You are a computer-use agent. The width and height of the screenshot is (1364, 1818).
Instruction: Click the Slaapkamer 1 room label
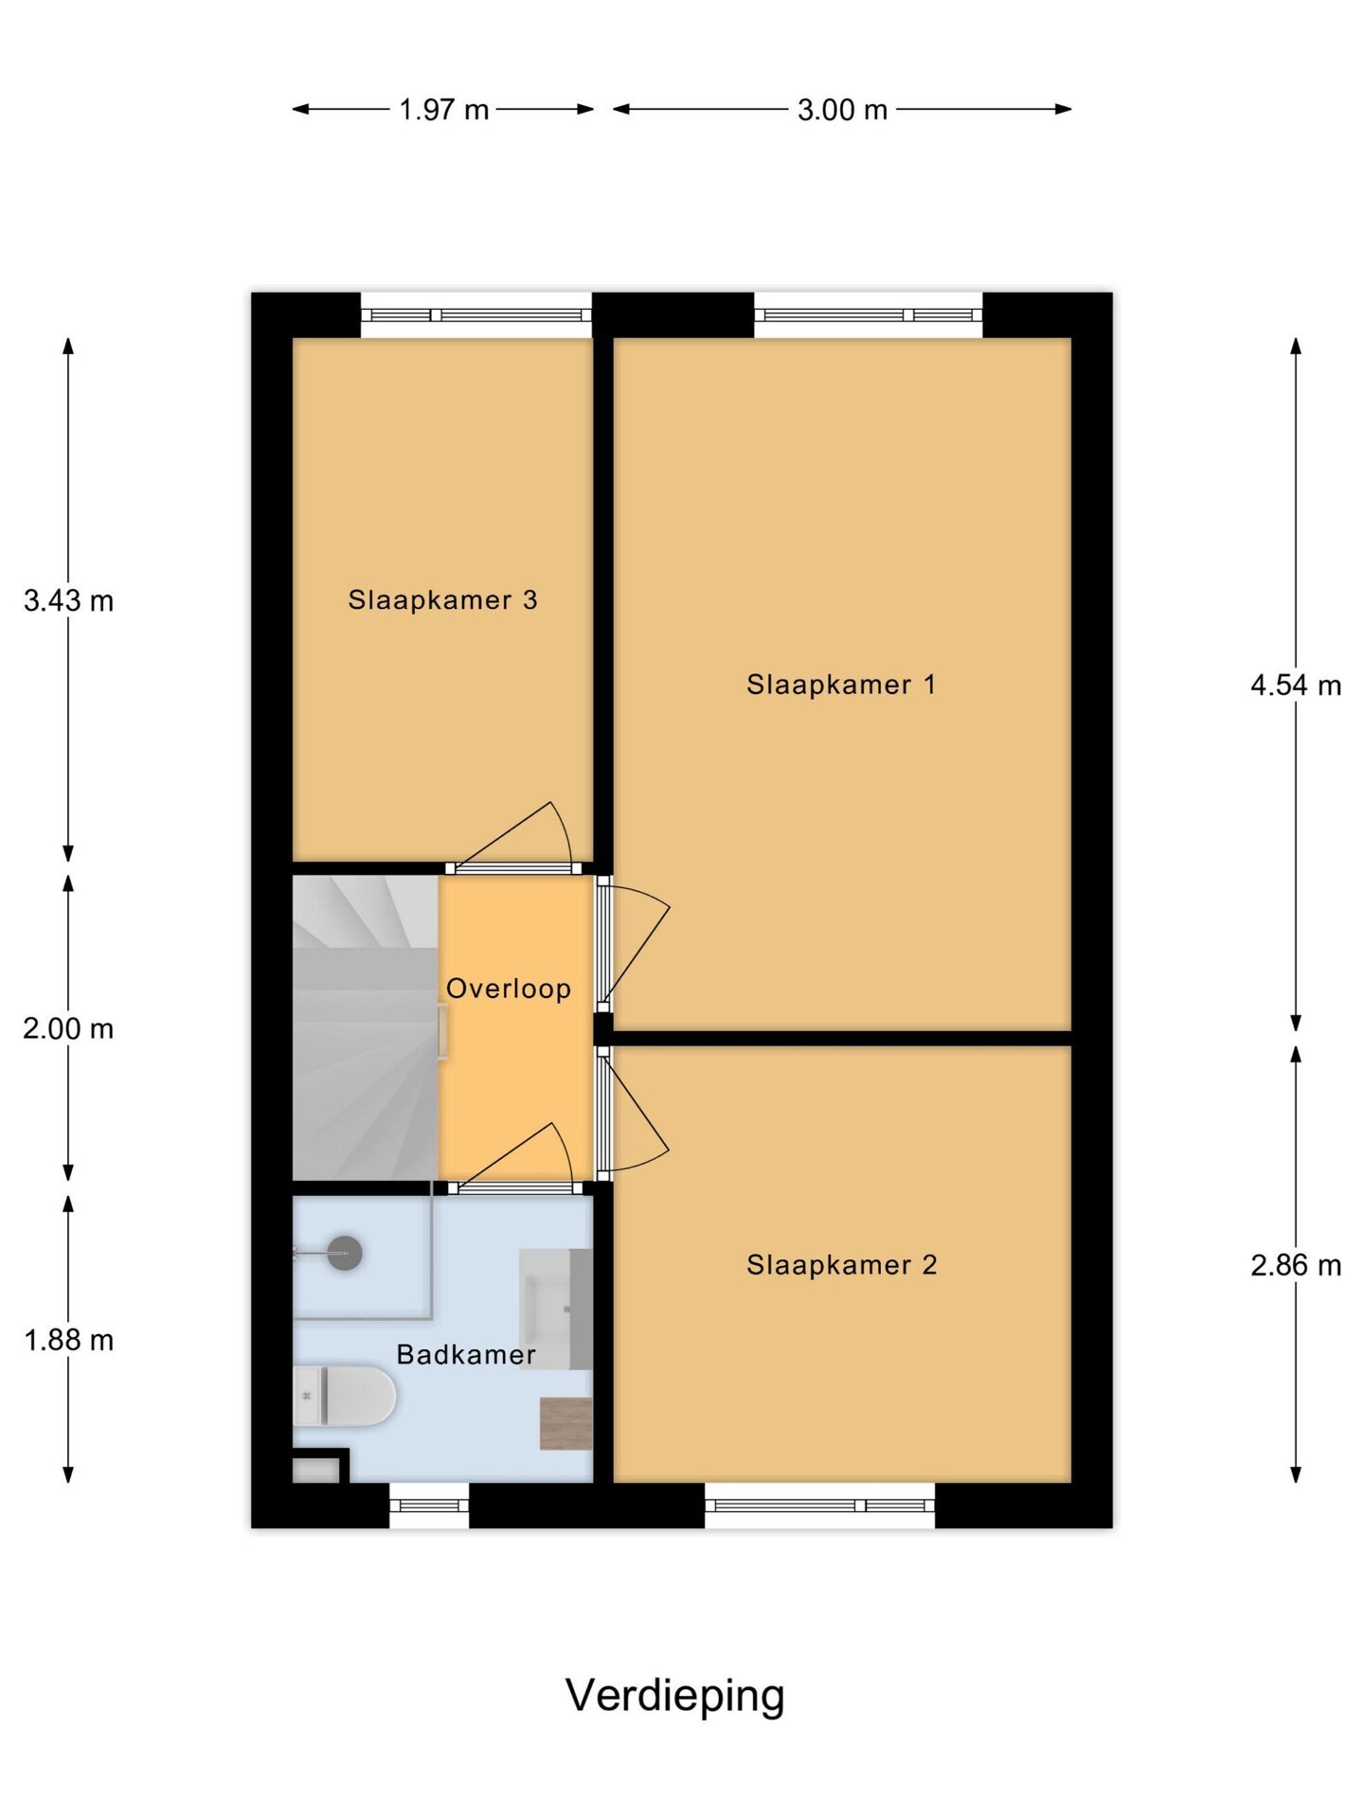point(841,685)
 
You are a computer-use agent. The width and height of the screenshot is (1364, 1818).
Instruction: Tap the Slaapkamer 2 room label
point(841,1265)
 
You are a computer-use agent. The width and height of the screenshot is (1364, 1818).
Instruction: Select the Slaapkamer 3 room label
point(442,599)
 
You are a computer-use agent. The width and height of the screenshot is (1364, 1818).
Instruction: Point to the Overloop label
point(509,989)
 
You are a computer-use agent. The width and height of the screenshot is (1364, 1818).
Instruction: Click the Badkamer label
point(466,1355)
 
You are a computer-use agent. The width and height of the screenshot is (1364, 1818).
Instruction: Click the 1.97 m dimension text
point(443,110)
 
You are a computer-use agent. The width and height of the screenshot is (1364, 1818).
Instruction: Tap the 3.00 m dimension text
point(842,110)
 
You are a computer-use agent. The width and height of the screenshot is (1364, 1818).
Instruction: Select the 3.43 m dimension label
point(68,600)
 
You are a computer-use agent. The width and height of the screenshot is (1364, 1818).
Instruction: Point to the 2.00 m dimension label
point(68,1028)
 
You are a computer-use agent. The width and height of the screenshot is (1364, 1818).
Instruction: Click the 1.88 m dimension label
point(68,1340)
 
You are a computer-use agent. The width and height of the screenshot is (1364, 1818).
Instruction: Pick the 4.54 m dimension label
point(1296,685)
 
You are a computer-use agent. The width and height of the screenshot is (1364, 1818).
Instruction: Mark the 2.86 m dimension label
point(1296,1265)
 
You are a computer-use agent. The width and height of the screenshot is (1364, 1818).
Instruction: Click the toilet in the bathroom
point(343,1396)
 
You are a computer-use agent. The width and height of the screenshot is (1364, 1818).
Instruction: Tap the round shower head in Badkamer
point(344,1253)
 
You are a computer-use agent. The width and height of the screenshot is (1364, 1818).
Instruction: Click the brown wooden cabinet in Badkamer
point(566,1423)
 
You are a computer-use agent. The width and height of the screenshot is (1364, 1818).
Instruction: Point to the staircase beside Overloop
point(366,1027)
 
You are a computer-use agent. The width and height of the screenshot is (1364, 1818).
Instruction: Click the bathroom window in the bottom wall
point(429,1506)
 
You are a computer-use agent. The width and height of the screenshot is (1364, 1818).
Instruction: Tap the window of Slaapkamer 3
point(476,315)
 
